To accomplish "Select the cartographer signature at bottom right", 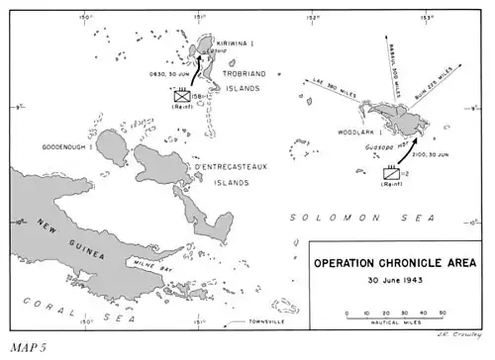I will pos(458,334).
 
